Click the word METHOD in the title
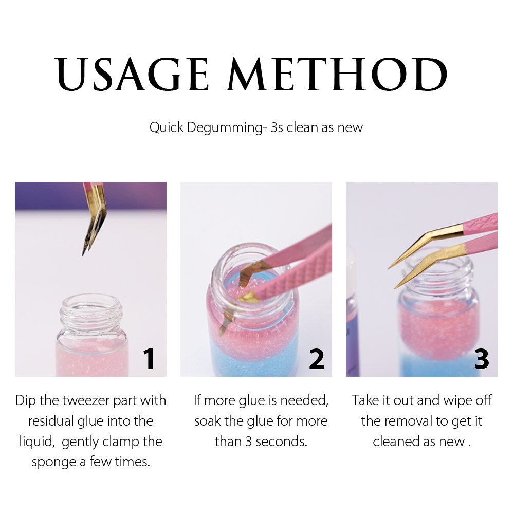(x=338, y=75)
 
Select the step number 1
(x=149, y=359)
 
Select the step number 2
(x=317, y=359)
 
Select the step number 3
(x=481, y=359)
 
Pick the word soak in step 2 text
(x=208, y=421)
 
